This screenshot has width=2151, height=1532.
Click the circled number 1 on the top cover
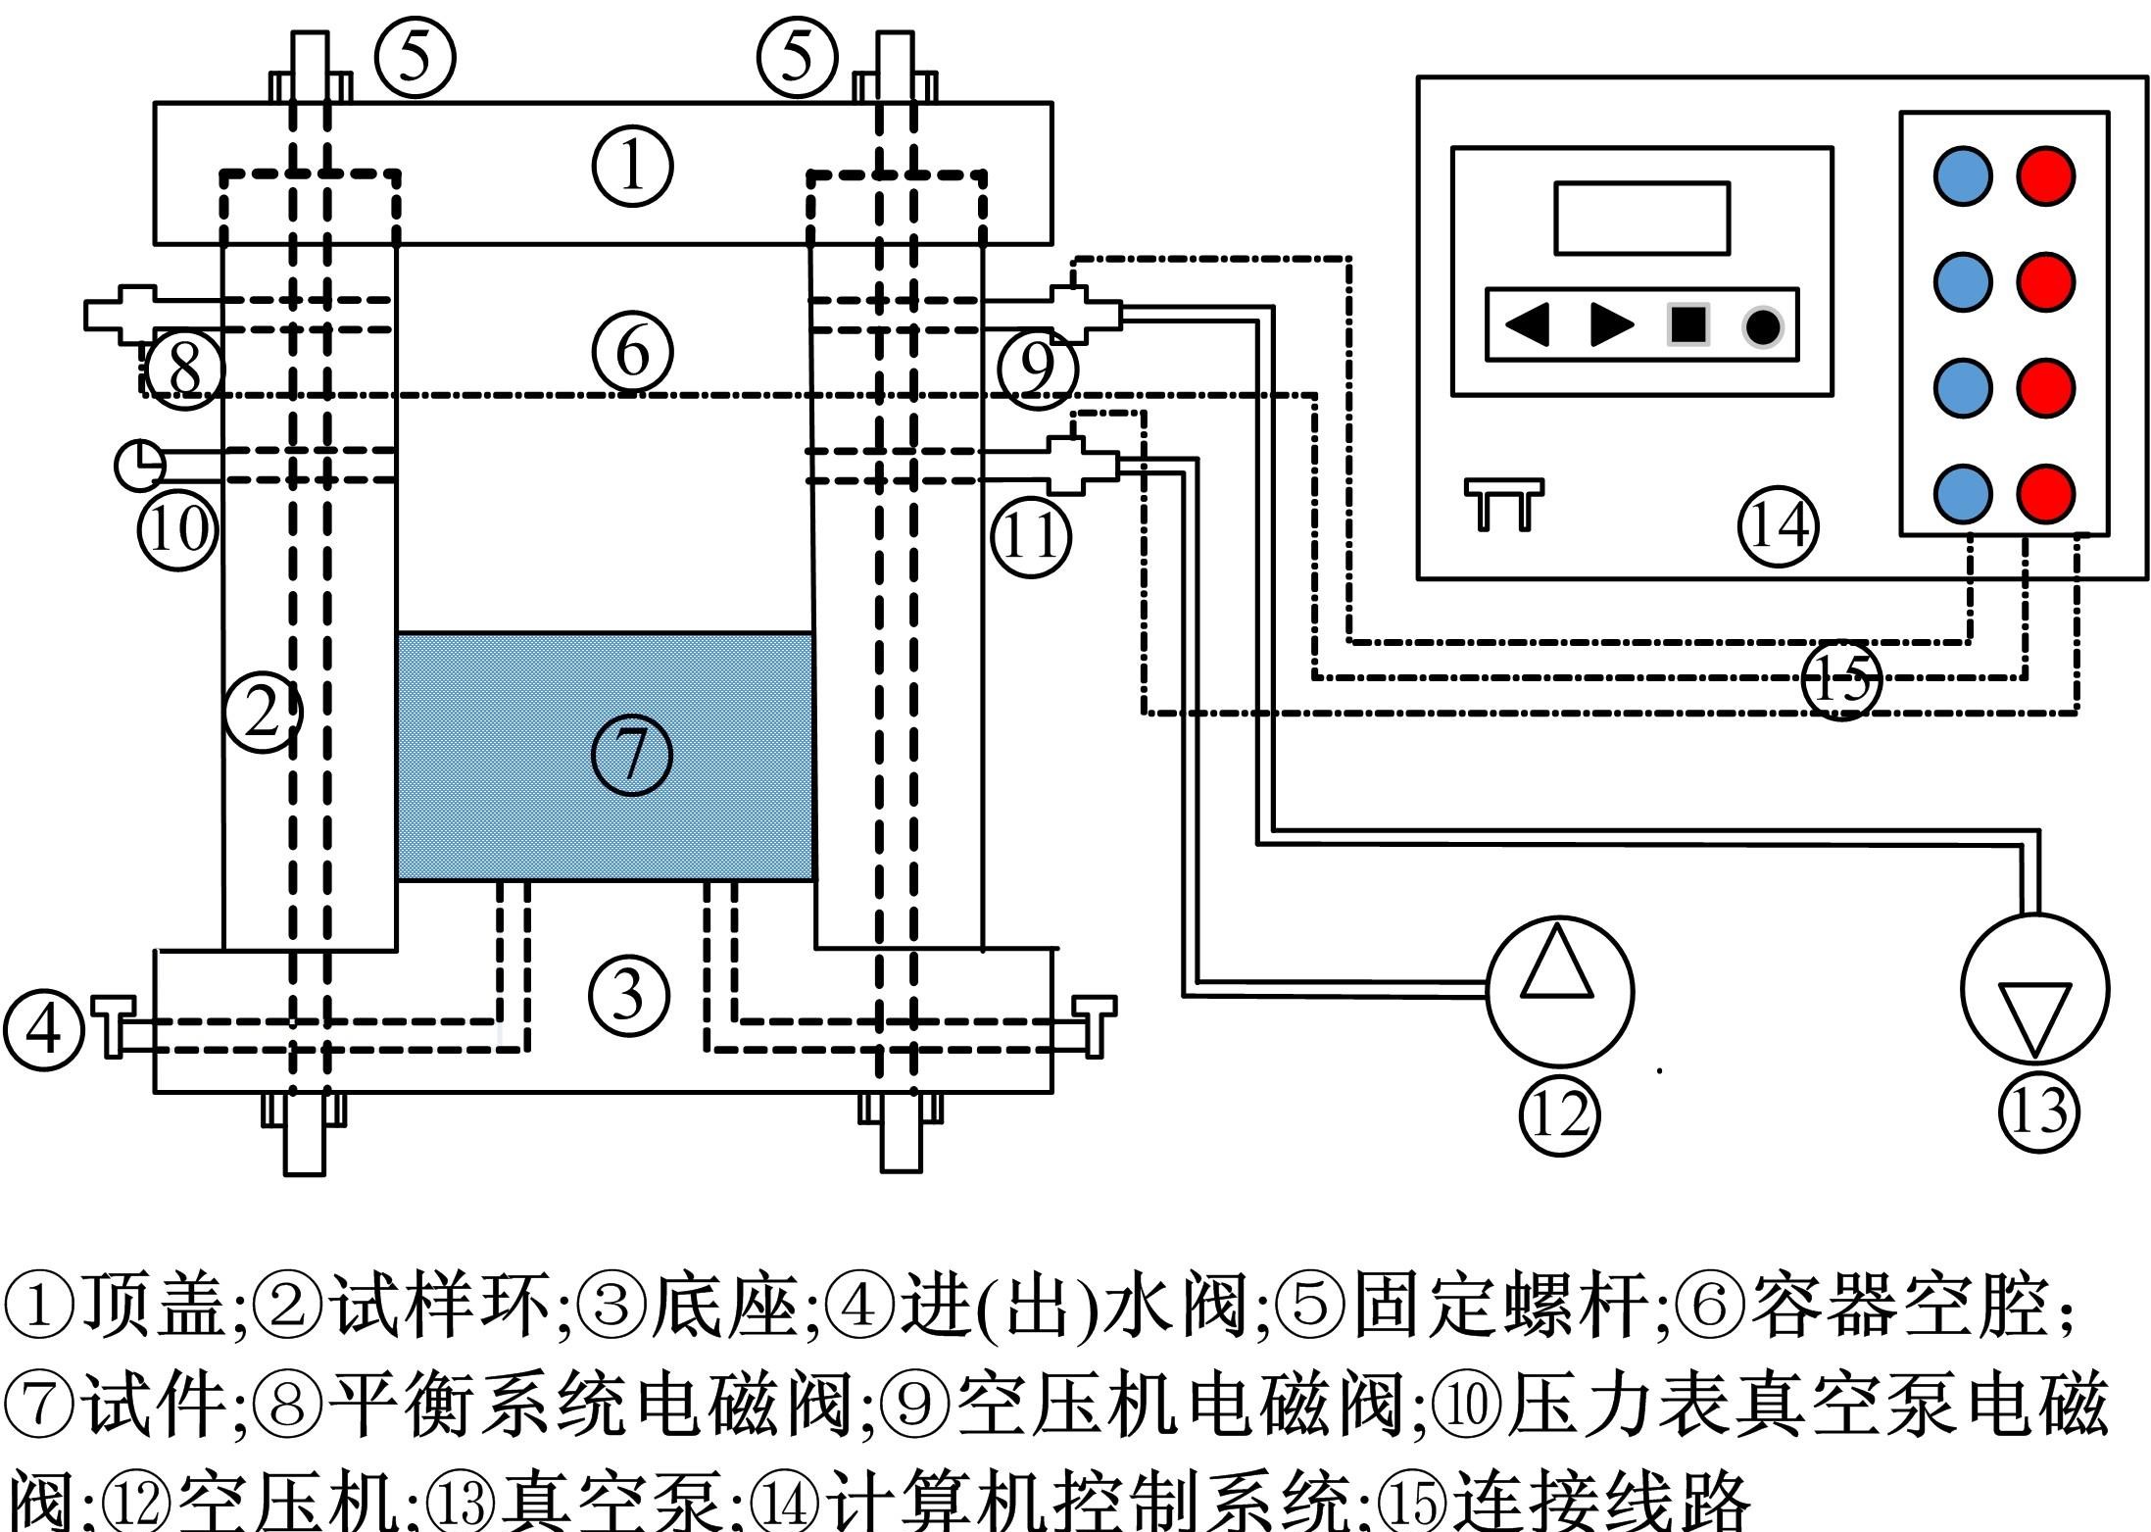632,166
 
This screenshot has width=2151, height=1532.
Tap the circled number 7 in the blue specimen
632,755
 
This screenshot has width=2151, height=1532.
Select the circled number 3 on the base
628,996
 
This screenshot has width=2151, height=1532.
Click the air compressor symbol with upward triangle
1559,990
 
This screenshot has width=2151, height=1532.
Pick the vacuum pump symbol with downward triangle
2034,988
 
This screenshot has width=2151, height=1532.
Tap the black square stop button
1688,324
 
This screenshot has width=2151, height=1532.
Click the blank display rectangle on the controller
1641,218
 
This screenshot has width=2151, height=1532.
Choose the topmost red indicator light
2046,176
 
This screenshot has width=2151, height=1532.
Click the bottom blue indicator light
1963,492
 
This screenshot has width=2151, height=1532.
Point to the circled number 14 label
1778,526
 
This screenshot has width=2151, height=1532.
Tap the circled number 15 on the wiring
1841,680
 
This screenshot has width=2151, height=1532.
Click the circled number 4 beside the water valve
43,1029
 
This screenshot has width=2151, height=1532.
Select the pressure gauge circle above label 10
140,465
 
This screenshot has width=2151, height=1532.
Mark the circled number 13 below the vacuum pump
2038,1112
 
